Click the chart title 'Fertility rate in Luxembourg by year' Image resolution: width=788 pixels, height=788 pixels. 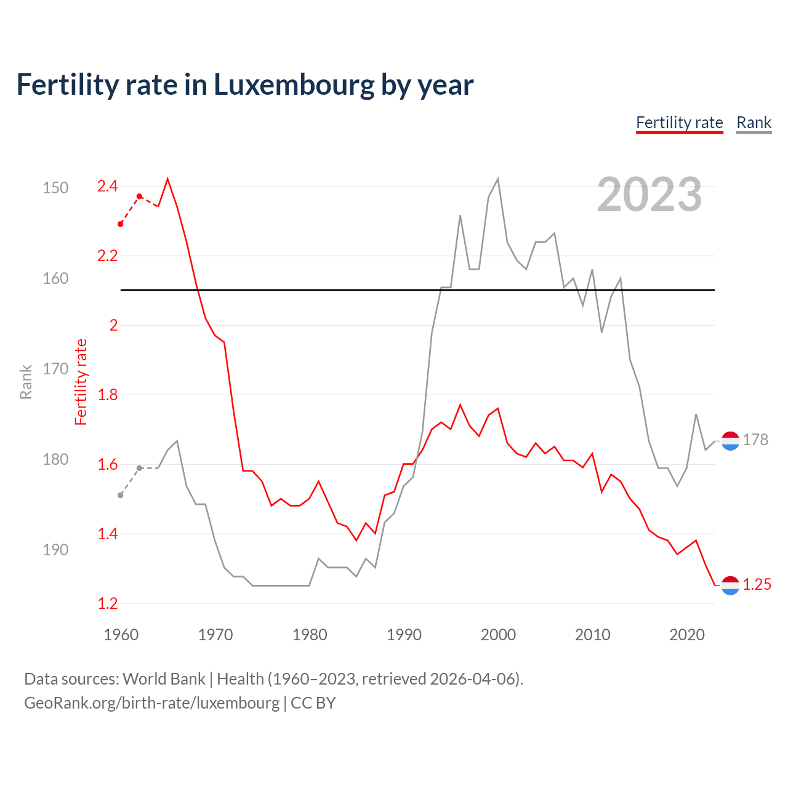coord(244,85)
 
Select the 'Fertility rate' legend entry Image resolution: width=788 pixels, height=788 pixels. coord(679,123)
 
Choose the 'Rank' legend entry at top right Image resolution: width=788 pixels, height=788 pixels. coord(754,123)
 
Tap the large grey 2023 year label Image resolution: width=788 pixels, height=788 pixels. coord(649,195)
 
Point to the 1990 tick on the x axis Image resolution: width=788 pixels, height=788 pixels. coord(404,635)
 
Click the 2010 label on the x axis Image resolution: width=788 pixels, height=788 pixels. coord(592,635)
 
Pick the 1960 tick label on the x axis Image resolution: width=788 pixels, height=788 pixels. coord(121,635)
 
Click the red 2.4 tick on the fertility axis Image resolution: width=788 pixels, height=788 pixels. coord(107,186)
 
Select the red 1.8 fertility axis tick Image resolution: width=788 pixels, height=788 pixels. coord(107,395)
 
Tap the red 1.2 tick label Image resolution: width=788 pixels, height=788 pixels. coord(107,603)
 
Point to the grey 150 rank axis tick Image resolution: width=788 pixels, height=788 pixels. coord(55,188)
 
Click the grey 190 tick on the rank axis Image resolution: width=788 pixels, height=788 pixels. coord(55,550)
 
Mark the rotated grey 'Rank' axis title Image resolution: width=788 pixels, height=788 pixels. coord(26,382)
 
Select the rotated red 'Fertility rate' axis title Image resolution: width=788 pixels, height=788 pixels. coord(81,382)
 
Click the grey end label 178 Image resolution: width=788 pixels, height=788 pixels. coord(755,440)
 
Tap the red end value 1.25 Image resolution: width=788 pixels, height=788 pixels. coord(757,584)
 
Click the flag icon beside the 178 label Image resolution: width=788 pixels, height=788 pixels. coord(730,441)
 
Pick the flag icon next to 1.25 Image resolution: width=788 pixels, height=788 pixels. coord(730,585)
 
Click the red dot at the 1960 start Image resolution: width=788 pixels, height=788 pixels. coord(121,224)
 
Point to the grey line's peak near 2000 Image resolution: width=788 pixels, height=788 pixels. coord(497,179)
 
